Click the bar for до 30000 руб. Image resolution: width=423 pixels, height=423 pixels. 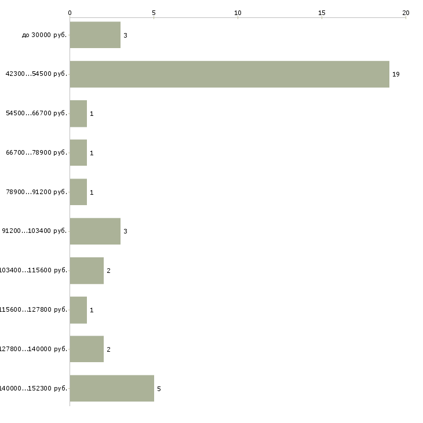[95, 35]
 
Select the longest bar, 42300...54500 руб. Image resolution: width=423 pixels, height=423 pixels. [229, 74]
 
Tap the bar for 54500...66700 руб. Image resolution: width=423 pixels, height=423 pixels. [78, 114]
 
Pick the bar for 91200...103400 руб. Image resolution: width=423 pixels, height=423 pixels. [95, 231]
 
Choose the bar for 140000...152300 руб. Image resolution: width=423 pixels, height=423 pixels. [112, 388]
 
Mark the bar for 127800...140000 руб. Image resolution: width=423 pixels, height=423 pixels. [87, 349]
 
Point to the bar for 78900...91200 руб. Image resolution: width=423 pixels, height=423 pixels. [78, 192]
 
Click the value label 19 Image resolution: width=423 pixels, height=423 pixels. [396, 74]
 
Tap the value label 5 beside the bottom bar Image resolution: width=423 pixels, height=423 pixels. [159, 388]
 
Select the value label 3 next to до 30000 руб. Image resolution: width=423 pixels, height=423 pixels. [125, 35]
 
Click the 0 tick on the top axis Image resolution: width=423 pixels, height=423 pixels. [70, 12]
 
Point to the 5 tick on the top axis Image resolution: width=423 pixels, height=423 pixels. [154, 12]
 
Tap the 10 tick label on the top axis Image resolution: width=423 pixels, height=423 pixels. [238, 12]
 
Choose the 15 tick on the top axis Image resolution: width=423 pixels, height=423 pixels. [322, 12]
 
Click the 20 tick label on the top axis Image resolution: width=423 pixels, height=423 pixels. [406, 12]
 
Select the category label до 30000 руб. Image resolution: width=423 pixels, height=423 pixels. [45, 35]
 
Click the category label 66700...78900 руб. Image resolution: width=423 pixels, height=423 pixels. [37, 153]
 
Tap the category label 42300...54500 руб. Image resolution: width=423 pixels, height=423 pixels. [37, 74]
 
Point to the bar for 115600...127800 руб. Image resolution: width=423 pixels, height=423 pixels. [78, 309]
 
